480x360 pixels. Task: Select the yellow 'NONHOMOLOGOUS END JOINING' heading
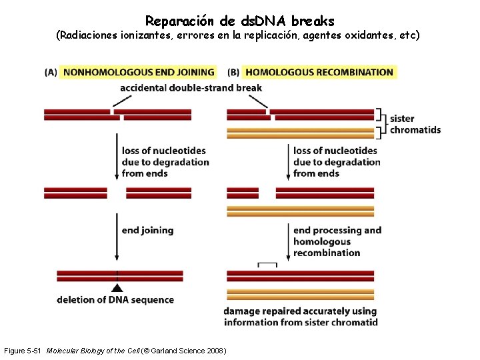pos(139,72)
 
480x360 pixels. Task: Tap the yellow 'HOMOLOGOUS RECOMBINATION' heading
pos(319,72)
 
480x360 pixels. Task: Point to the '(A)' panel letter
pos(51,72)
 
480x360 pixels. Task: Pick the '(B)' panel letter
pos(233,72)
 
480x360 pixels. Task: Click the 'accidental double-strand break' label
pos(191,87)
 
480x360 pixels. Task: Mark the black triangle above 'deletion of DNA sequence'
pos(117,288)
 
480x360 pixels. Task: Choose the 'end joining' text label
pos(147,230)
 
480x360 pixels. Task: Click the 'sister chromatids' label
pos(415,124)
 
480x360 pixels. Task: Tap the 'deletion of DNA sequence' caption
pos(115,300)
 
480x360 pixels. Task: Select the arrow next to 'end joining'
pos(117,237)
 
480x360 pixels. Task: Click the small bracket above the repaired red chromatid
pos(267,265)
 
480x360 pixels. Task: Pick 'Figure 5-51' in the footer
pos(23,351)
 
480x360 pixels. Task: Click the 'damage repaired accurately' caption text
pos(300,317)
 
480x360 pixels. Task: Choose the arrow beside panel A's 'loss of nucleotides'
pos(117,157)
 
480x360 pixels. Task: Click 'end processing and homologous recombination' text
pos(337,241)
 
